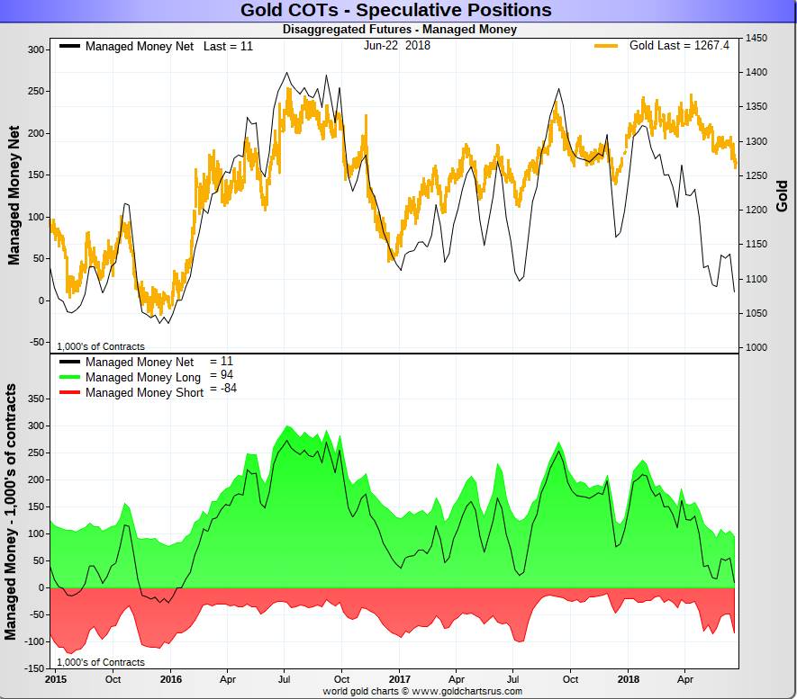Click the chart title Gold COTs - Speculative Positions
point(395,11)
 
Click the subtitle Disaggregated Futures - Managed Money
point(399,30)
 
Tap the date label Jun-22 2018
point(397,45)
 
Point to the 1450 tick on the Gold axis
point(756,39)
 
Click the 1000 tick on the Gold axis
point(756,347)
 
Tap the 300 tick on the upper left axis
point(35,50)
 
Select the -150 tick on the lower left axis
point(32,668)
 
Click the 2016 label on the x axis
point(171,679)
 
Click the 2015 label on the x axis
point(55,679)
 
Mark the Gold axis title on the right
point(782,196)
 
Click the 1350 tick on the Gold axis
point(756,107)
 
